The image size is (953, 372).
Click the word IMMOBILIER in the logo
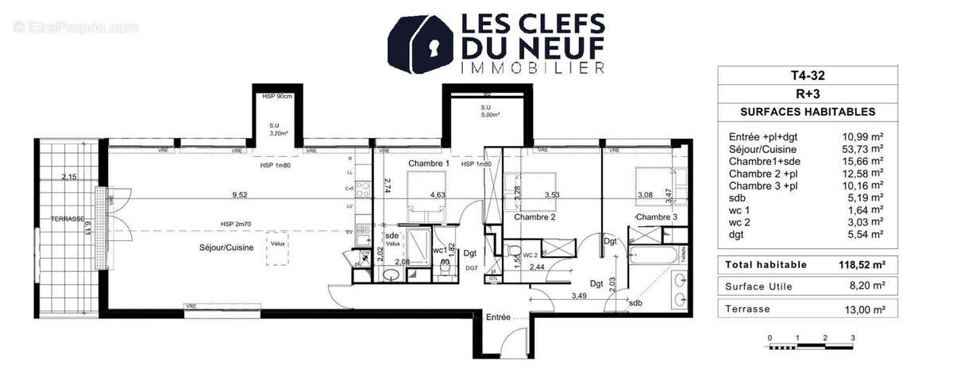coord(533,69)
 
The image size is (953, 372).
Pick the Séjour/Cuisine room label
coord(226,248)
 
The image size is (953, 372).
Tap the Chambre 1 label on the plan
coord(429,163)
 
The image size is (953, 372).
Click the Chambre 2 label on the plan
coord(534,217)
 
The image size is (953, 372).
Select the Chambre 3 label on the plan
coord(656,217)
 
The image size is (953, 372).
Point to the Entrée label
coord(498,317)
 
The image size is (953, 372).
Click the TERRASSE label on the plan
coord(68,218)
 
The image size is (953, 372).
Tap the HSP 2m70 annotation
coord(237,224)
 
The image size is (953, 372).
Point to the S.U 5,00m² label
coord(485,111)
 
